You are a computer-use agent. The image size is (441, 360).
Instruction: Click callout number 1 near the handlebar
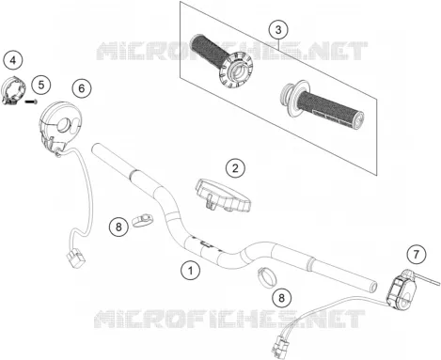click(190, 270)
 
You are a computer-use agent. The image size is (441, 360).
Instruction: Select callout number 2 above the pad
click(235, 168)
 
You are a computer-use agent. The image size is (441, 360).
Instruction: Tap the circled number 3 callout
click(278, 30)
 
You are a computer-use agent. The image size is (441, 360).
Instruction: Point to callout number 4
click(13, 60)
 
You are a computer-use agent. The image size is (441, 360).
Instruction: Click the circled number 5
click(41, 85)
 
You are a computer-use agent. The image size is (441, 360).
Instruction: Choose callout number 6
click(82, 88)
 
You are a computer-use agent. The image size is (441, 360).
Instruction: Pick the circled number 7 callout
click(416, 254)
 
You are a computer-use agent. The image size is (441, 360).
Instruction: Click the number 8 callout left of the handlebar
click(118, 227)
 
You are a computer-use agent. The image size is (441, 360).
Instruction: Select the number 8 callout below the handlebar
click(281, 297)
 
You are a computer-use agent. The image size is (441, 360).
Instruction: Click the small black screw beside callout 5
click(31, 102)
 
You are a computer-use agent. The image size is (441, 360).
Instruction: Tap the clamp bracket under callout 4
click(13, 90)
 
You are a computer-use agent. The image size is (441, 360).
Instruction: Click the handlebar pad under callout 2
click(223, 195)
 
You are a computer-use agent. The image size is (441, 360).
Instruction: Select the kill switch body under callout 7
click(402, 290)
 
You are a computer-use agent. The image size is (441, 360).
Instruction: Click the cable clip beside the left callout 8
click(143, 220)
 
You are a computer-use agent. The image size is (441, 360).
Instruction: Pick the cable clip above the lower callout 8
click(267, 277)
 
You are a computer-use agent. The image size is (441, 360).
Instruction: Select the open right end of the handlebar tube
click(373, 287)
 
